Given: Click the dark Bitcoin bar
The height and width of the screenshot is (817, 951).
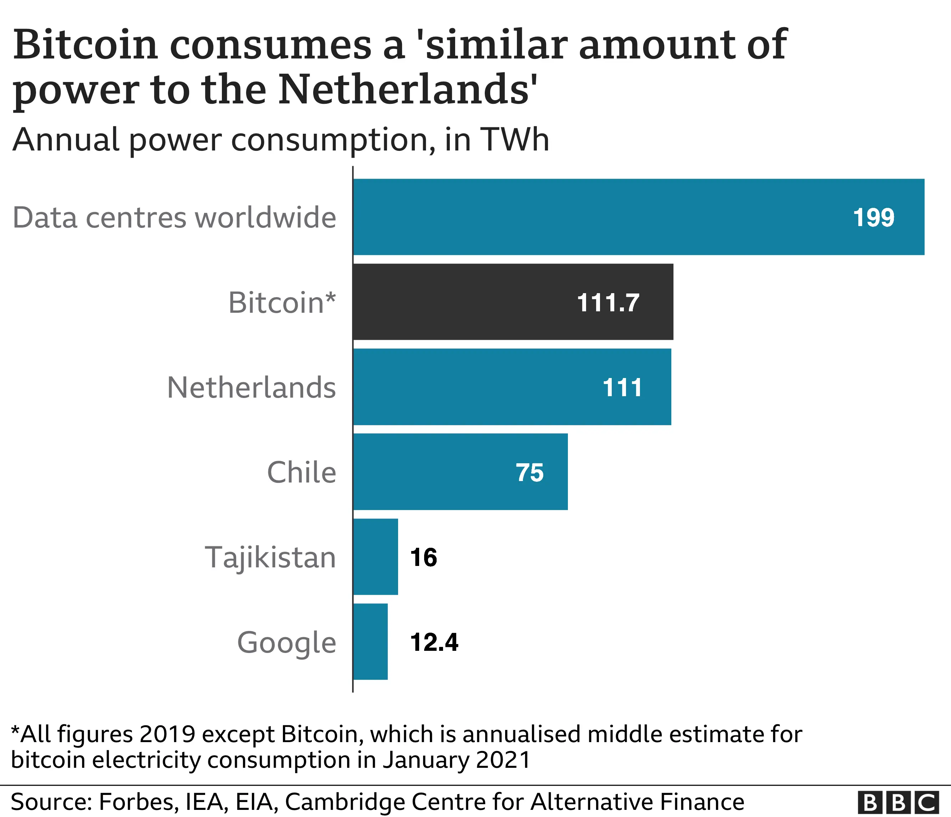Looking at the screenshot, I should click(x=513, y=302).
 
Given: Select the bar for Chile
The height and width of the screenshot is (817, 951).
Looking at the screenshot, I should click(x=461, y=471).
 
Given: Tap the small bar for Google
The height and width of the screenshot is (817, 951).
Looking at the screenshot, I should click(x=370, y=641).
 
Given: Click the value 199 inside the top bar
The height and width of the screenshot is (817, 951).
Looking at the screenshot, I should click(x=874, y=218).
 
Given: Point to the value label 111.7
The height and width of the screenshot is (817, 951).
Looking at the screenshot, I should click(x=608, y=303).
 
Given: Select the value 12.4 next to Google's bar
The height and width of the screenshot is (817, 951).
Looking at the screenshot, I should click(x=434, y=642).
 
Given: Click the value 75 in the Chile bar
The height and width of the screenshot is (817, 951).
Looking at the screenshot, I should click(x=530, y=473).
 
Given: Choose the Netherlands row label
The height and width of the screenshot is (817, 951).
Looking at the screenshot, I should click(x=251, y=388).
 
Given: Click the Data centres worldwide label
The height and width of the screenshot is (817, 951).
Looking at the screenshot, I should click(x=174, y=218).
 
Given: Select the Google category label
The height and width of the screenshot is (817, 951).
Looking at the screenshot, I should click(x=287, y=642).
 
